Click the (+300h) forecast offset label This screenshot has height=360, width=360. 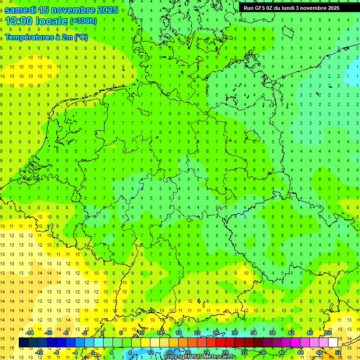(x=83, y=21)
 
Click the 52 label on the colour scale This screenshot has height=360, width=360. (x=338, y=352)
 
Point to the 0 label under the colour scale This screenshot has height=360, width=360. (x=93, y=352)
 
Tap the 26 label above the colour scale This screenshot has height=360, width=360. (x=216, y=333)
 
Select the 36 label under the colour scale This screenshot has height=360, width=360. (x=263, y=352)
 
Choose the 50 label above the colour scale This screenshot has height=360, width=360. (x=329, y=333)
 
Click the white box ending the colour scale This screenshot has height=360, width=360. (x=333, y=343)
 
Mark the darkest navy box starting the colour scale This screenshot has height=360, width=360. (x=23, y=343)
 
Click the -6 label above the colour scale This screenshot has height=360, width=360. (x=66, y=333)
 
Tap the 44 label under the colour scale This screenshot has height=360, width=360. (x=300, y=352)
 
